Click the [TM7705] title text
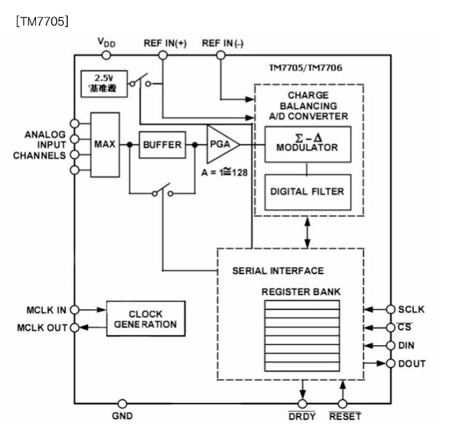click(42, 21)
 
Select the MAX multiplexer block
click(105, 145)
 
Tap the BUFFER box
click(162, 145)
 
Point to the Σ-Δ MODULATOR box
click(307, 144)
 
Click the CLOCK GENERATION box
click(145, 319)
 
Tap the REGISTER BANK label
click(300, 291)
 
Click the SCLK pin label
click(411, 309)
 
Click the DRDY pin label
click(302, 417)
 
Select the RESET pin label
click(344, 417)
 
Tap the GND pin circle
click(123, 403)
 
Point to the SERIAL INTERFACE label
click(278, 271)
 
